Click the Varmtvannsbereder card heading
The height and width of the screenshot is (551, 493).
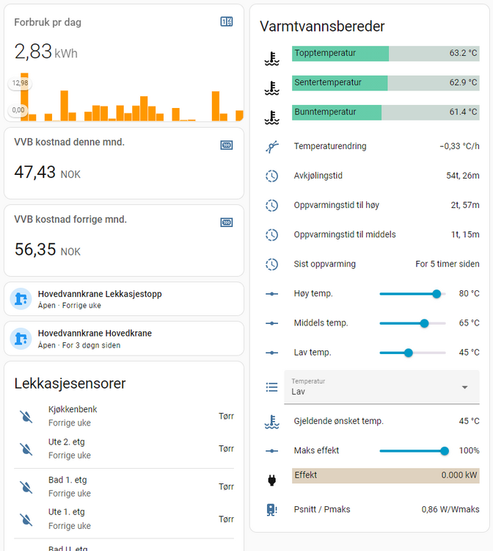(x=322, y=26)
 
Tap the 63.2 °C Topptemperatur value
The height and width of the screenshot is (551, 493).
(x=463, y=54)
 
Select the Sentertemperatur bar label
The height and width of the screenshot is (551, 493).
(x=328, y=83)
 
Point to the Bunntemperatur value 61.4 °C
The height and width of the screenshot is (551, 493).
(x=463, y=112)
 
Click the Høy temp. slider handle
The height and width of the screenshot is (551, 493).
(x=437, y=294)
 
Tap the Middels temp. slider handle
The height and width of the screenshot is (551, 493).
(x=424, y=323)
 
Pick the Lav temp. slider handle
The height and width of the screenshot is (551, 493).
(x=409, y=353)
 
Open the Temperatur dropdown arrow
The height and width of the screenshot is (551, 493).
(x=464, y=387)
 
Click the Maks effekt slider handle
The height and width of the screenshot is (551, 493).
(x=445, y=450)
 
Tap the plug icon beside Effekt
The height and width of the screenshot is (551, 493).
(x=272, y=480)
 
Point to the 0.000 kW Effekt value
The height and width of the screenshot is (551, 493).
(x=459, y=475)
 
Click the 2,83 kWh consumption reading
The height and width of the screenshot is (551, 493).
(x=45, y=52)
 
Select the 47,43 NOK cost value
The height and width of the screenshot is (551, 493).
(x=47, y=173)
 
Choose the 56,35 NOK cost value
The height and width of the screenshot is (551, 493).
(x=47, y=250)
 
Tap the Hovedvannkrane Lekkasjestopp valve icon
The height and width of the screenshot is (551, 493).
(x=21, y=299)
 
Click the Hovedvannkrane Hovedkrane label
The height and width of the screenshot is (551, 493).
(x=95, y=334)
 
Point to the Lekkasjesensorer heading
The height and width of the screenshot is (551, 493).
(x=70, y=383)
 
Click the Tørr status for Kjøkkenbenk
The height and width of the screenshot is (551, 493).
(x=226, y=416)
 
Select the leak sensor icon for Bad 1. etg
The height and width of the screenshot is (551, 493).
(x=26, y=486)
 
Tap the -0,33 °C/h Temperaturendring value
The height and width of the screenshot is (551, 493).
(x=459, y=146)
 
